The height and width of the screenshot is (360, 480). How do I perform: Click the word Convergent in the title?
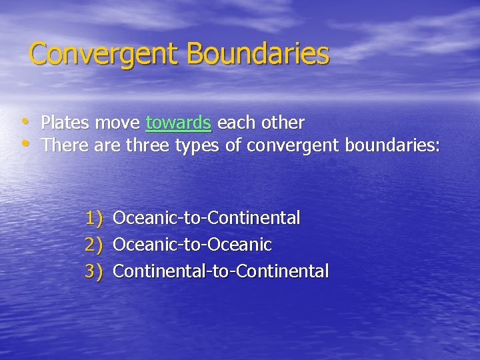(105, 54)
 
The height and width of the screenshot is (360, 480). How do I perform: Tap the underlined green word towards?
(179, 123)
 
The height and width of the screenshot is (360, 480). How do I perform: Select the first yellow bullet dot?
(25, 121)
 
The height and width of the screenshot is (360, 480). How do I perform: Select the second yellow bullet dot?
(25, 143)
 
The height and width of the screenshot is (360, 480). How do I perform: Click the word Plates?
(65, 123)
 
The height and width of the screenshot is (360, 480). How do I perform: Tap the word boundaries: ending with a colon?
(392, 145)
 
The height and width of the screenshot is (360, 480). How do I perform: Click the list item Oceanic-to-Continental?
(207, 218)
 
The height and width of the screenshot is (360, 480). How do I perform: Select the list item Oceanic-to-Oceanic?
(192, 245)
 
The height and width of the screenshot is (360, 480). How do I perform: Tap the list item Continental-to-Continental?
(221, 271)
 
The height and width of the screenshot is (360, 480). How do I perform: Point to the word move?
(117, 123)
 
